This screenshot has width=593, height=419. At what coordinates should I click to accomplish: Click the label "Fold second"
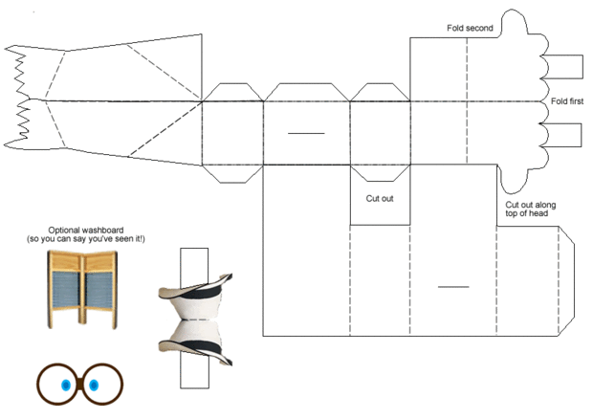(470, 29)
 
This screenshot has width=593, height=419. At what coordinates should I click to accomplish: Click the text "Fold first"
(567, 100)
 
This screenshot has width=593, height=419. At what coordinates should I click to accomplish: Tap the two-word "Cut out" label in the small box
(380, 199)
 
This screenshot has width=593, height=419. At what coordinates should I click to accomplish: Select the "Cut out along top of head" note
(530, 209)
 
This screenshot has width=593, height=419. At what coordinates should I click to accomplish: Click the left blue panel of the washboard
(67, 285)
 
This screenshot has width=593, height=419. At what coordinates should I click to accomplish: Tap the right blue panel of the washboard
(99, 285)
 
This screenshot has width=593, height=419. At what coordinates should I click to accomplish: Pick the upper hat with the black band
(198, 291)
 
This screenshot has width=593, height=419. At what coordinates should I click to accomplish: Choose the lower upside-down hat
(198, 341)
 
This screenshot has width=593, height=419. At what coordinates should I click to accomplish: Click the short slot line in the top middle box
(306, 132)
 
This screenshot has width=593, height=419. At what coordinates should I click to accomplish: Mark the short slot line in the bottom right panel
(453, 286)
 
